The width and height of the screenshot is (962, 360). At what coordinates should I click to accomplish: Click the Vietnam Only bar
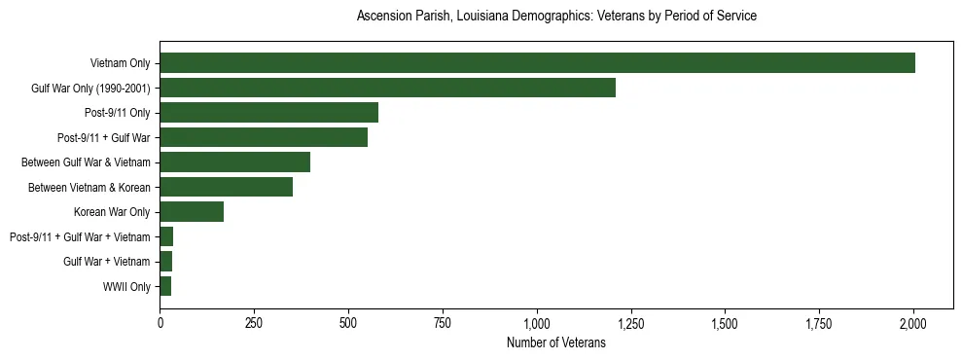pyautogui.click(x=537, y=63)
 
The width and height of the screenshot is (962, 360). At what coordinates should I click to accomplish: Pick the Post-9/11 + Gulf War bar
pyautogui.click(x=264, y=137)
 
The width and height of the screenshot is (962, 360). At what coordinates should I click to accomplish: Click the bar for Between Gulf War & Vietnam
pyautogui.click(x=234, y=162)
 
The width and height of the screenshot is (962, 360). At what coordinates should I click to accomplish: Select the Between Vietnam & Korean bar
pyautogui.click(x=226, y=187)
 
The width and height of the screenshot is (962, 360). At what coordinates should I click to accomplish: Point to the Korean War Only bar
pyautogui.click(x=192, y=212)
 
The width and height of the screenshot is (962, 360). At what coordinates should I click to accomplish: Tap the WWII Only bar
pyautogui.click(x=165, y=286)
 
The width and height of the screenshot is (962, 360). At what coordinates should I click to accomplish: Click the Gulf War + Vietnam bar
pyautogui.click(x=166, y=262)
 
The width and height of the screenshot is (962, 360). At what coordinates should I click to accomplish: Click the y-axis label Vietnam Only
pyautogui.click(x=120, y=63)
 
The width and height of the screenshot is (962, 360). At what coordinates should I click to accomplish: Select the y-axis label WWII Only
pyautogui.click(x=126, y=287)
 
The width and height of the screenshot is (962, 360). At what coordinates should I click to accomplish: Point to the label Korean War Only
pyautogui.click(x=112, y=212)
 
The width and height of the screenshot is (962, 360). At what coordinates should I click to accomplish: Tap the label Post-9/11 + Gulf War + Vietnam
pyautogui.click(x=80, y=237)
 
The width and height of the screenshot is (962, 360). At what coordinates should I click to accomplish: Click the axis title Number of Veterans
pyautogui.click(x=556, y=343)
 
